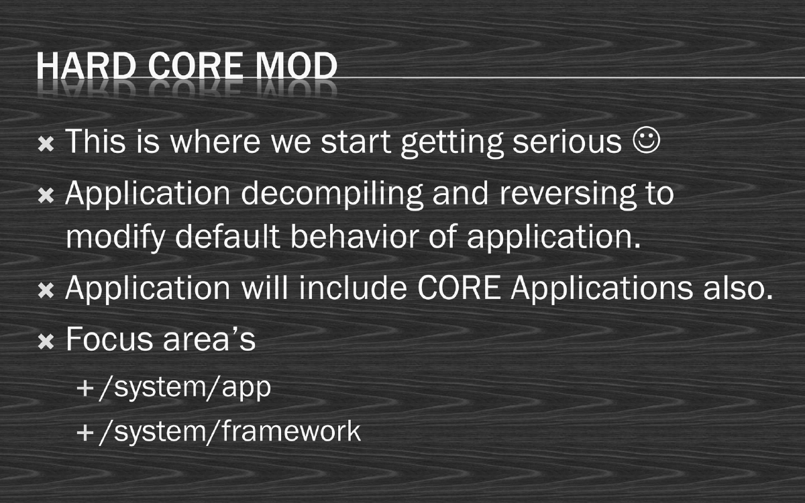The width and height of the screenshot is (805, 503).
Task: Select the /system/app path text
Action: coord(184,389)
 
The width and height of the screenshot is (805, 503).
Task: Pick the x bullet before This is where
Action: coord(46,144)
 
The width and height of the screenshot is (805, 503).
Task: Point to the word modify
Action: coord(114,238)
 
